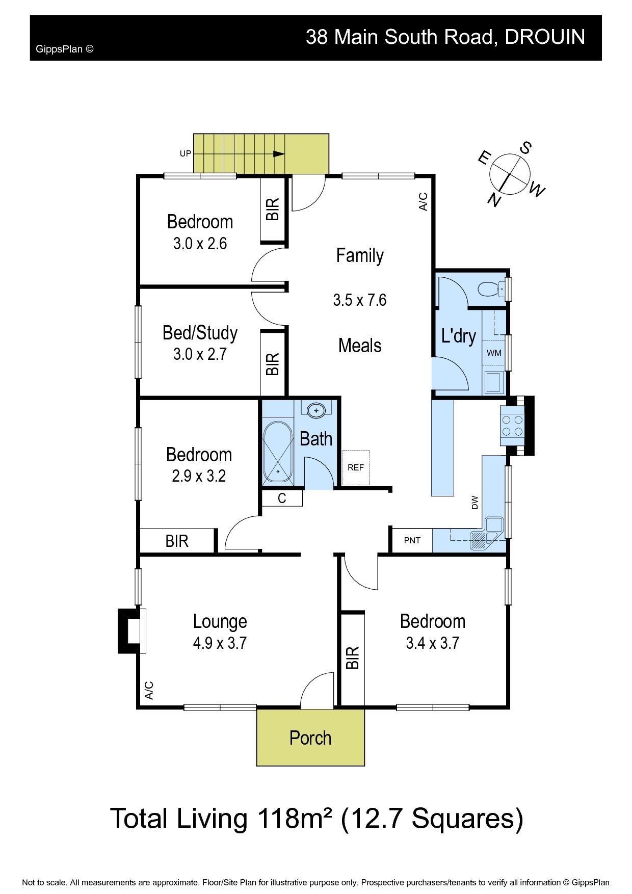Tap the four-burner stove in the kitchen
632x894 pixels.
click(x=512, y=426)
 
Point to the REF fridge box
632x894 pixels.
click(x=355, y=467)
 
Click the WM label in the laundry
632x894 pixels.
click(x=493, y=353)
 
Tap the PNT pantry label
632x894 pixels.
click(x=412, y=540)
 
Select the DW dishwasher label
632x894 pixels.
click(x=475, y=503)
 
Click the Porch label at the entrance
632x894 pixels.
click(x=310, y=738)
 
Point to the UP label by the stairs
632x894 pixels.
click(x=185, y=153)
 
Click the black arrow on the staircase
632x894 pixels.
click(x=279, y=154)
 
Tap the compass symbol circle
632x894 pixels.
click(x=508, y=174)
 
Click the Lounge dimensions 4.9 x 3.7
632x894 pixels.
click(x=220, y=643)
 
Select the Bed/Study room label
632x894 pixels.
click(x=200, y=333)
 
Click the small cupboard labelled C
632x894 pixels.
click(x=282, y=498)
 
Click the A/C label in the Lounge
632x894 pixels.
click(x=149, y=690)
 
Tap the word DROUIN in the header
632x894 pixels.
click(x=544, y=37)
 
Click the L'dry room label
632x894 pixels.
click(x=459, y=336)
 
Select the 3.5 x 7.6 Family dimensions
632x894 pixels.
click(x=360, y=300)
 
